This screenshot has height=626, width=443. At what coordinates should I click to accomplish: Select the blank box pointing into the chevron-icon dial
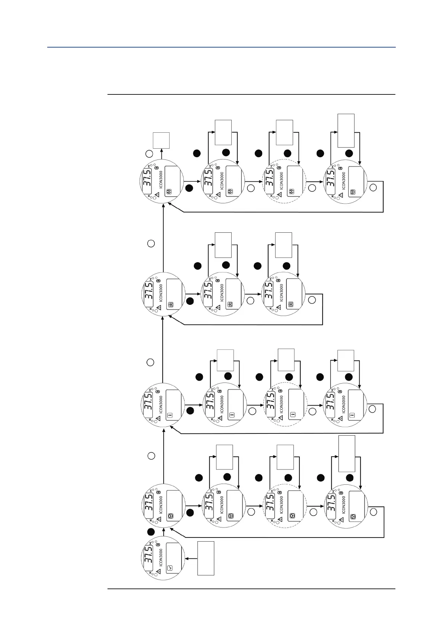(x=206, y=558)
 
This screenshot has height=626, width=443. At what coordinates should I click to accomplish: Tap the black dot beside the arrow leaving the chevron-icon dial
(x=151, y=532)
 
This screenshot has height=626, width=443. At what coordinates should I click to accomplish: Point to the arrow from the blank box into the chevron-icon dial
(x=191, y=558)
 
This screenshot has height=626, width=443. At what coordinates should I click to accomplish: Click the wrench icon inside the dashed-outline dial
(x=292, y=192)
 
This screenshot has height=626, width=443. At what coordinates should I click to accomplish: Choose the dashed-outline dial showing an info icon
(x=285, y=405)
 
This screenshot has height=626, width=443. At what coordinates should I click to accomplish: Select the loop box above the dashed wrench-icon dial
(x=285, y=133)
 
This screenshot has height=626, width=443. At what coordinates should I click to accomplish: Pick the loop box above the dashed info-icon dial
(x=286, y=360)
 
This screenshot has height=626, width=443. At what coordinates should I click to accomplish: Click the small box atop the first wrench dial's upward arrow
(x=161, y=141)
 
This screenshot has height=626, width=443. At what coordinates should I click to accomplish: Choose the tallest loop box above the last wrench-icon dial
(x=346, y=131)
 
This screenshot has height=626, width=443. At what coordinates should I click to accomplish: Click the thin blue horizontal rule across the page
(x=221, y=47)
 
